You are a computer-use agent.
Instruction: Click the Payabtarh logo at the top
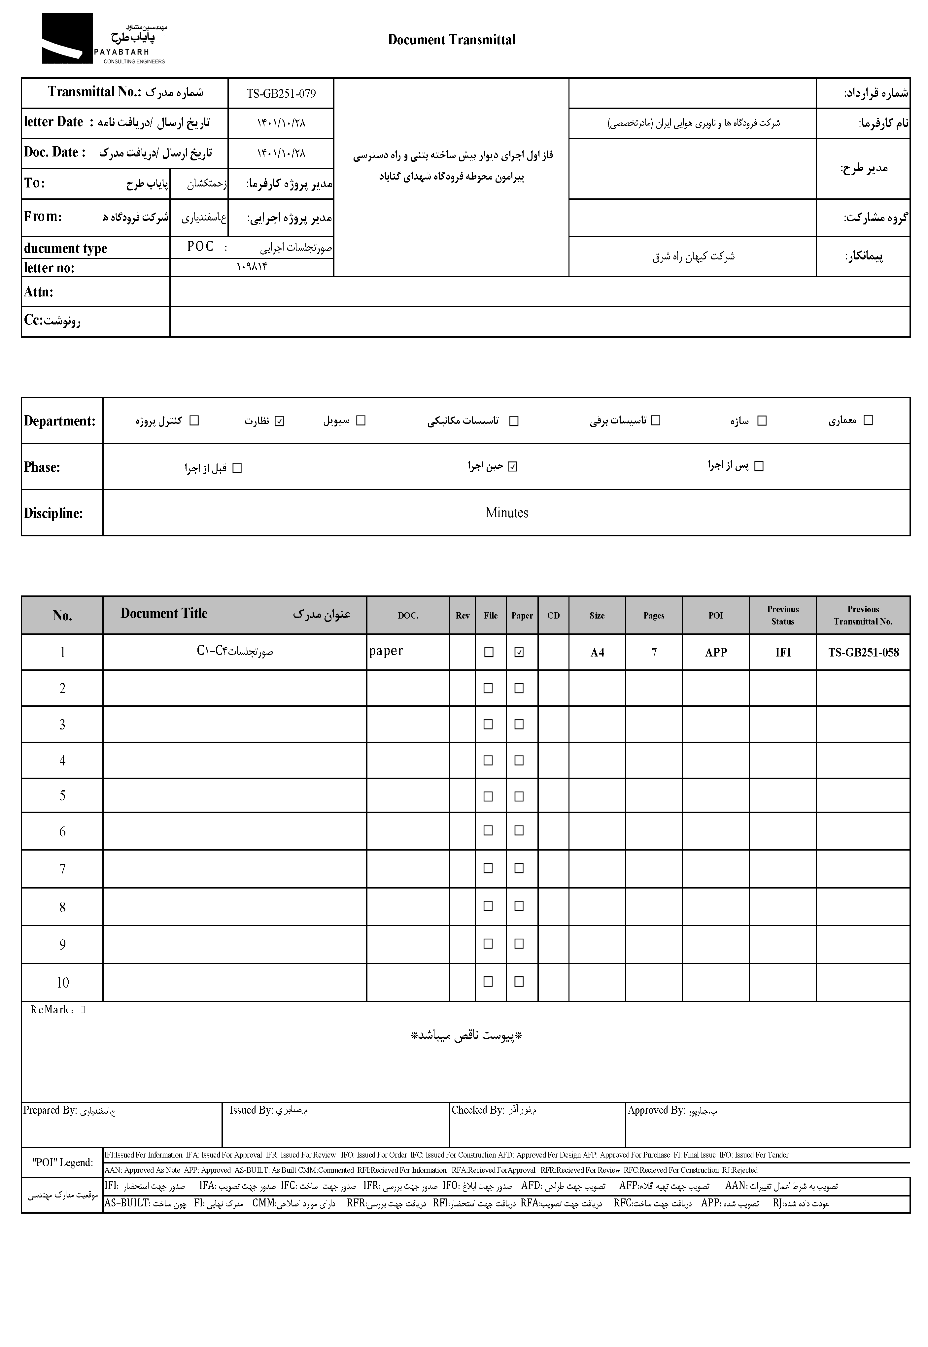pos(104,38)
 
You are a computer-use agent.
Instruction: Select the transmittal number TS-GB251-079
pos(281,94)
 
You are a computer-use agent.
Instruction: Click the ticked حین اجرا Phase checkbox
pos(512,466)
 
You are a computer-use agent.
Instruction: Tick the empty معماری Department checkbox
pos(868,420)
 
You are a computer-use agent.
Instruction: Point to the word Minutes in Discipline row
pos(506,513)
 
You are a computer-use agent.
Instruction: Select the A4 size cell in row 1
pos(597,652)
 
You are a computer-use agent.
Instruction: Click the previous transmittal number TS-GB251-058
pos(863,652)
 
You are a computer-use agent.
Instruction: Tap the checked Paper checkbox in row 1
pos(519,652)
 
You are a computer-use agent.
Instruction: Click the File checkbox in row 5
pos(488,796)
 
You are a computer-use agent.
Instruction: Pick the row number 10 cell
pos(63,983)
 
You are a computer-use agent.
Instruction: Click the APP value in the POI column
pos(716,652)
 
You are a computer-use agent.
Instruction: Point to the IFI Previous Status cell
pos(783,652)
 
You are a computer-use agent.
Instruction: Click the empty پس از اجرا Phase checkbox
pos(759,466)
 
